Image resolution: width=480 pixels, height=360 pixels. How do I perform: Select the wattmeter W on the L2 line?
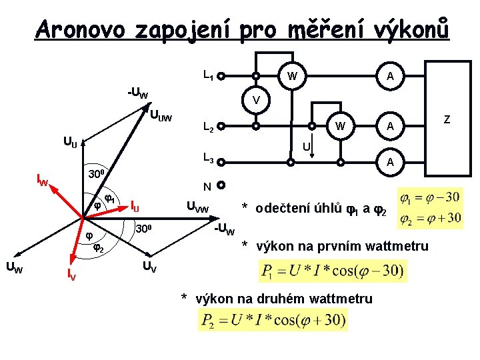click(x=340, y=125)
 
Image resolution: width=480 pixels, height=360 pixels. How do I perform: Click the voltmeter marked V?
click(x=256, y=101)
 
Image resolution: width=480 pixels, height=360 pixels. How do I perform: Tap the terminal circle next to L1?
click(x=220, y=77)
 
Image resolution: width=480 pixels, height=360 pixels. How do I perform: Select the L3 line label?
click(x=207, y=159)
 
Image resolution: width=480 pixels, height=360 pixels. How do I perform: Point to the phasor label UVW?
click(x=197, y=209)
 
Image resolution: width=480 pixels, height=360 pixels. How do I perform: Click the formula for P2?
click(x=272, y=321)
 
